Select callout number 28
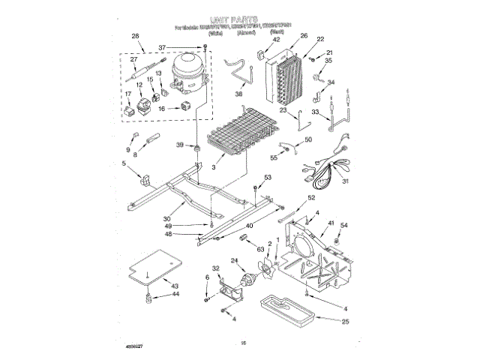click(x=136, y=36)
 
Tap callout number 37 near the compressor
click(x=162, y=47)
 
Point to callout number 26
click(x=304, y=35)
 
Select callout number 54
click(x=344, y=225)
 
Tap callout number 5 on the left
click(x=124, y=163)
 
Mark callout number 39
click(x=180, y=145)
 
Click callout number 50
click(x=307, y=139)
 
